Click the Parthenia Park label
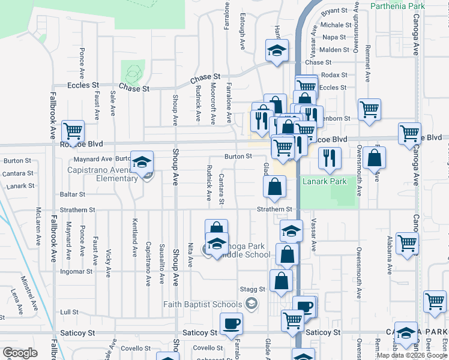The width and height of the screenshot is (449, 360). pos(397,6)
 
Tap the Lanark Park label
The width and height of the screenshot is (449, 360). pos(325,181)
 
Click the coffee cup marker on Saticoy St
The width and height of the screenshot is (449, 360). pos(231,324)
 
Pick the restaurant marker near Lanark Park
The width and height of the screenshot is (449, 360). pos(330,157)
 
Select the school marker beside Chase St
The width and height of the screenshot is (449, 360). pos(277,51)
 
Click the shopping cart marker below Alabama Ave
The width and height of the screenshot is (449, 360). pos(408,244)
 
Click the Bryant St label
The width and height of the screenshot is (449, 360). pos(334,11)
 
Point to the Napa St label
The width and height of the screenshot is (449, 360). pos(334,37)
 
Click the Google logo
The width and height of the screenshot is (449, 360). pos(20,353)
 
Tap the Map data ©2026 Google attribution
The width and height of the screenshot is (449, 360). pos(411,355)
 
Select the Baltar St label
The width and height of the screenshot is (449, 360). pos(73,194)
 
